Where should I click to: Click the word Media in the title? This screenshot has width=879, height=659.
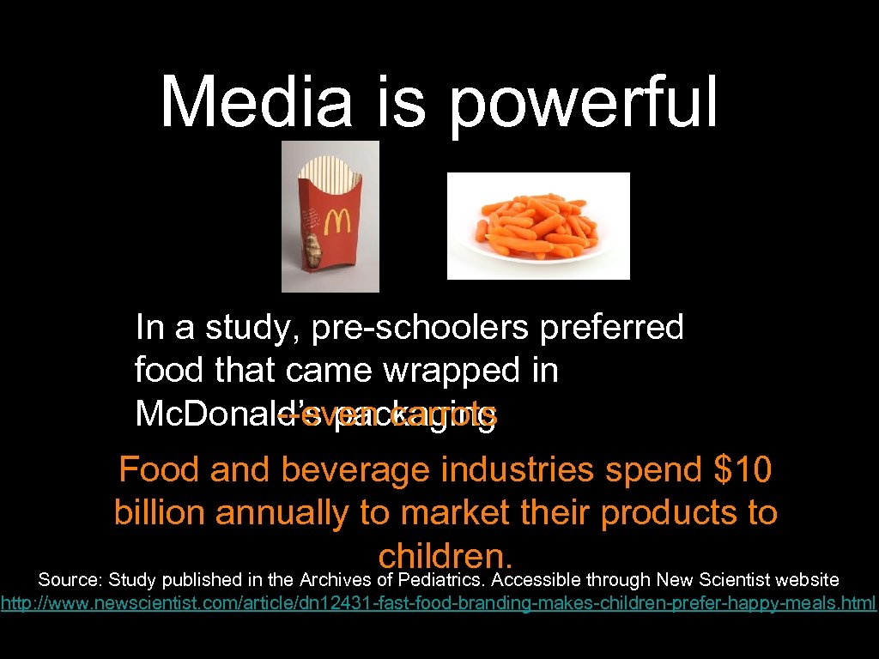(257, 101)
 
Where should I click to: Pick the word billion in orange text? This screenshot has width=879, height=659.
(161, 513)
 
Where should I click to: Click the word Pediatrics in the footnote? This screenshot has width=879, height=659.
(442, 581)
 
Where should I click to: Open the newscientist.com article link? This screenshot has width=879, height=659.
(438, 603)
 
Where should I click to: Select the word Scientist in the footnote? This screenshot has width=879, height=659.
(733, 581)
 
